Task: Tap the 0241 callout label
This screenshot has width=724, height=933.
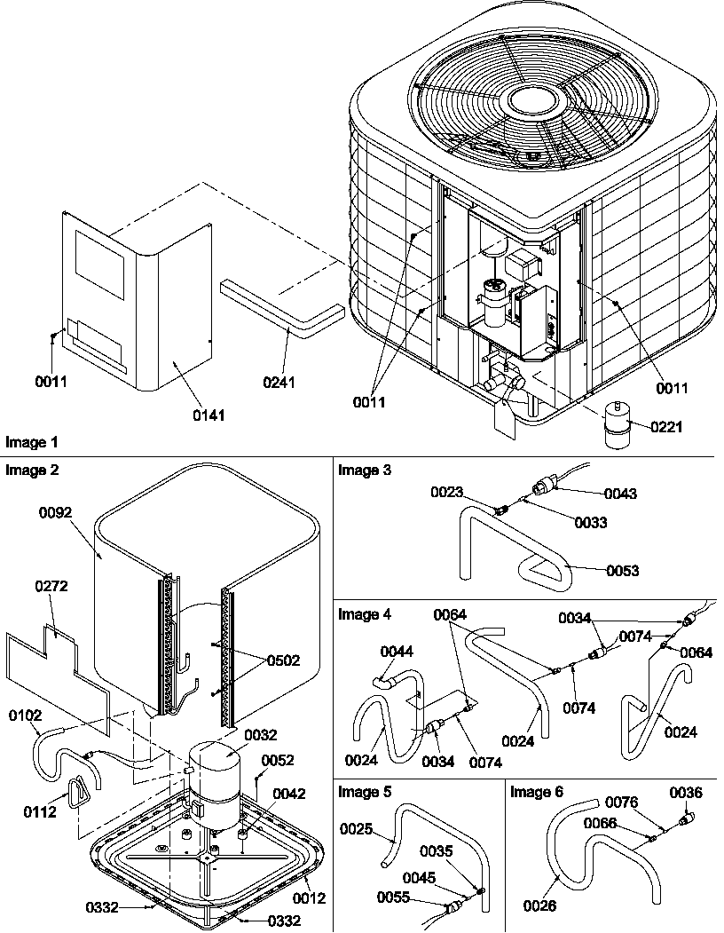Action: click(279, 383)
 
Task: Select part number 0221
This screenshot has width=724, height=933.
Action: click(666, 427)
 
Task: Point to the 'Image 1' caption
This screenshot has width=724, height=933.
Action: click(28, 441)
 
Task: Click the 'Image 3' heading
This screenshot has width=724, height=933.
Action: click(358, 470)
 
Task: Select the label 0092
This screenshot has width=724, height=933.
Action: click(55, 513)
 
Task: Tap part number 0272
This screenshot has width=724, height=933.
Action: click(51, 587)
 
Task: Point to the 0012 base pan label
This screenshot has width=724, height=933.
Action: click(311, 898)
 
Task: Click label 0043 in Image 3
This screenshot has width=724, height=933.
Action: click(622, 493)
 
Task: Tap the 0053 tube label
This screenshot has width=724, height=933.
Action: click(622, 570)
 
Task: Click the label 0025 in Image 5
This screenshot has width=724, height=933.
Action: click(357, 827)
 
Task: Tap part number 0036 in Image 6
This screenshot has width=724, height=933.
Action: click(685, 792)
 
